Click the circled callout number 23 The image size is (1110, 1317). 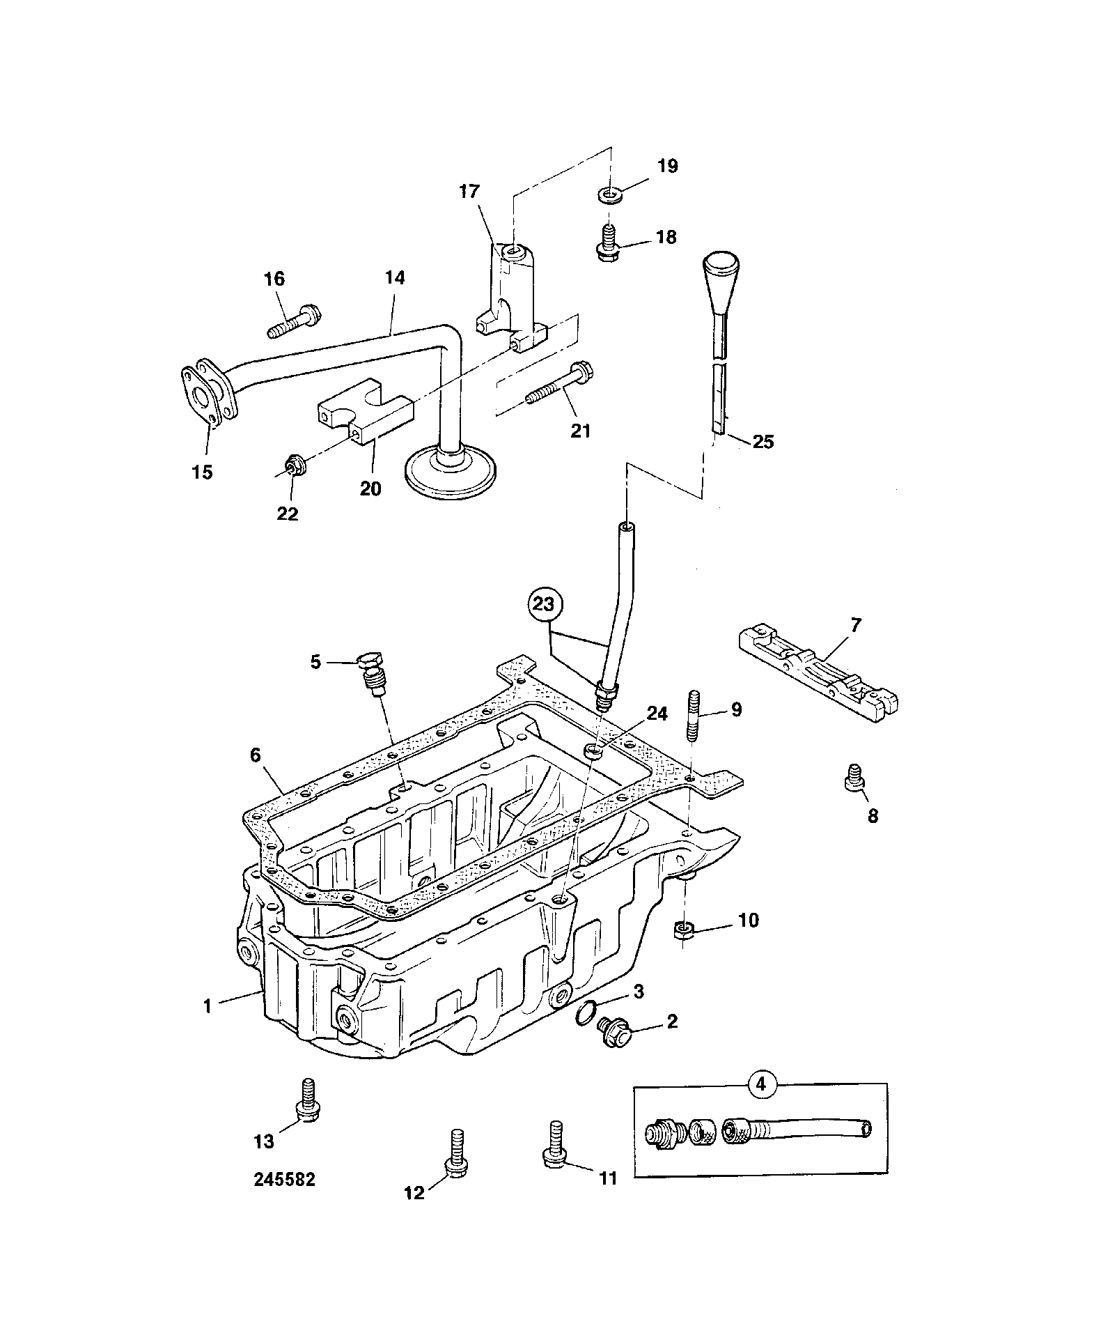coord(545,606)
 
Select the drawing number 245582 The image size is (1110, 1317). coord(284,1180)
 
